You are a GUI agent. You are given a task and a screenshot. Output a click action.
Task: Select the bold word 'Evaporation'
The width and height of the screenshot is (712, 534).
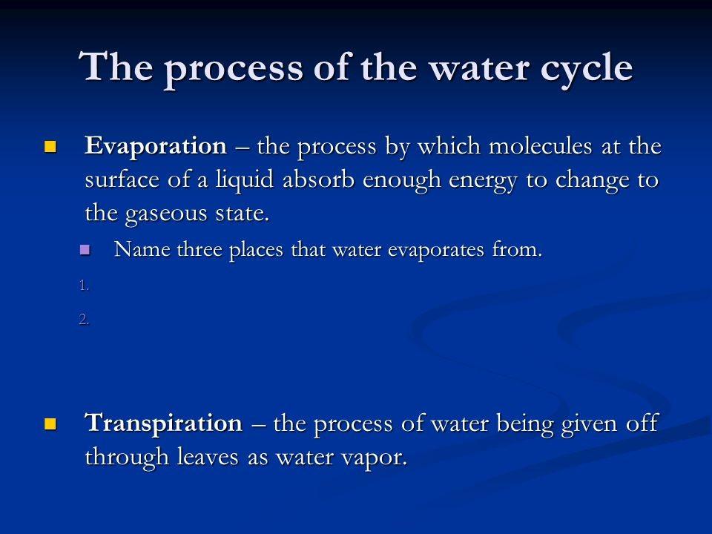pyautogui.click(x=156, y=147)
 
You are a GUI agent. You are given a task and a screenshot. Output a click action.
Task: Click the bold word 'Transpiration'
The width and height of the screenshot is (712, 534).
pyautogui.click(x=164, y=424)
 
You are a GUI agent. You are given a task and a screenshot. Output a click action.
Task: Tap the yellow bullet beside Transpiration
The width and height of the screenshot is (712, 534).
pyautogui.click(x=50, y=424)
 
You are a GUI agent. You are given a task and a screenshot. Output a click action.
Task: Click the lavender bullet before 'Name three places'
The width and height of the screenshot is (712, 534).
pyautogui.click(x=84, y=251)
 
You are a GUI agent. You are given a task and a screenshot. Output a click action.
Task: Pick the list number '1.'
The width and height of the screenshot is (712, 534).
pyautogui.click(x=84, y=285)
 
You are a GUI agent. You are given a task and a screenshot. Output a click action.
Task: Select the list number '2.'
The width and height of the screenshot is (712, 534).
pyautogui.click(x=84, y=320)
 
